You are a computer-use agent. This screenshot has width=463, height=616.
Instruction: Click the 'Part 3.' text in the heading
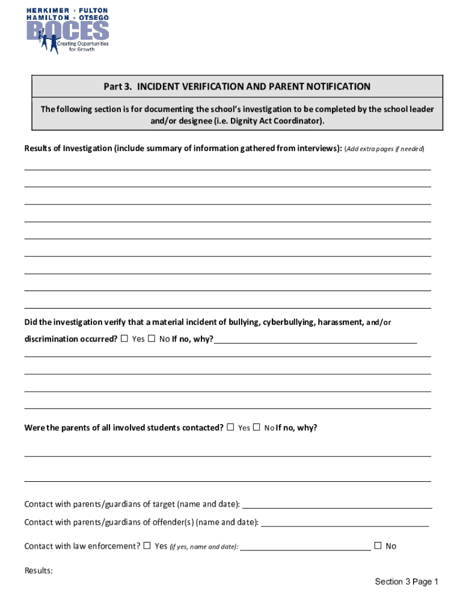click(118, 87)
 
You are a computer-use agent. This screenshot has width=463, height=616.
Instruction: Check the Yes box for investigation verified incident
click(124, 339)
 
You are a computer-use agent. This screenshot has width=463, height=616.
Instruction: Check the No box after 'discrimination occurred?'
click(152, 339)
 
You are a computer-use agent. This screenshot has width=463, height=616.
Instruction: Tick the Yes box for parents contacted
click(230, 428)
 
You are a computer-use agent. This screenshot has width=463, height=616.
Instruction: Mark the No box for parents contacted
click(256, 428)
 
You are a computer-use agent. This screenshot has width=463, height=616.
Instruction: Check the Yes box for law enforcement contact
click(147, 546)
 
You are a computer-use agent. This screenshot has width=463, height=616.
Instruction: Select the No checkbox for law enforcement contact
click(378, 546)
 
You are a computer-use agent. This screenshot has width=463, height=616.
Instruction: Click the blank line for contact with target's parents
click(337, 507)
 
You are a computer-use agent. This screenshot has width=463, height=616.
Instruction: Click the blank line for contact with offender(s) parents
click(345, 525)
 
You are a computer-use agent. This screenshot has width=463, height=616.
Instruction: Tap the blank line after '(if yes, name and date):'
click(305, 549)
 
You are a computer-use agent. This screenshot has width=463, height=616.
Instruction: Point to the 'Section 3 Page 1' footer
click(406, 582)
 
